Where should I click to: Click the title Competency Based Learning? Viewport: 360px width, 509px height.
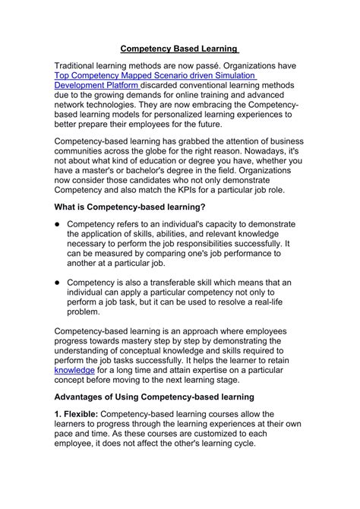click(180, 49)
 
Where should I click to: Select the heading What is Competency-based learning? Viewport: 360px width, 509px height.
click(130, 206)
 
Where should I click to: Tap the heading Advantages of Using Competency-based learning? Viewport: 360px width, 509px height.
click(154, 397)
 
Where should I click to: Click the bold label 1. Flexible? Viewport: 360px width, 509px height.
click(81, 416)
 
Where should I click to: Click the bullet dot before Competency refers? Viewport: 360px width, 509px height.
click(57, 224)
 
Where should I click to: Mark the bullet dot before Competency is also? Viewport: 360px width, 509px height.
click(57, 282)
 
